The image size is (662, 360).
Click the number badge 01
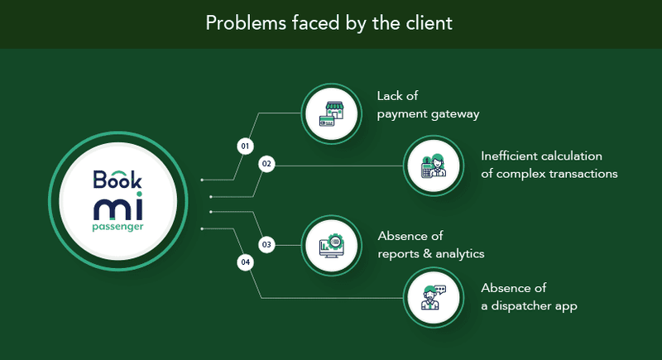(x=244, y=146)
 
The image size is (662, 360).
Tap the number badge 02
(x=266, y=165)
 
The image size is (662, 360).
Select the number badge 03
(x=266, y=245)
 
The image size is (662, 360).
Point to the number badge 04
(x=245, y=263)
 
